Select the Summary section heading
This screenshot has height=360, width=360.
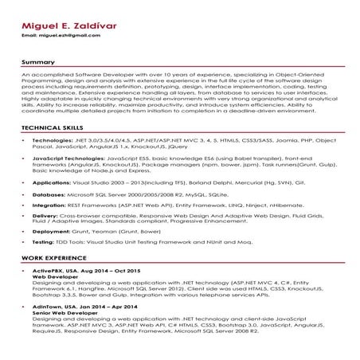click(x=37, y=61)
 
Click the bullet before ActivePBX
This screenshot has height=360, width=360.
click(x=24, y=272)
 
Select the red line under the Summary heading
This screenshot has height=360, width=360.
click(x=180, y=67)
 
